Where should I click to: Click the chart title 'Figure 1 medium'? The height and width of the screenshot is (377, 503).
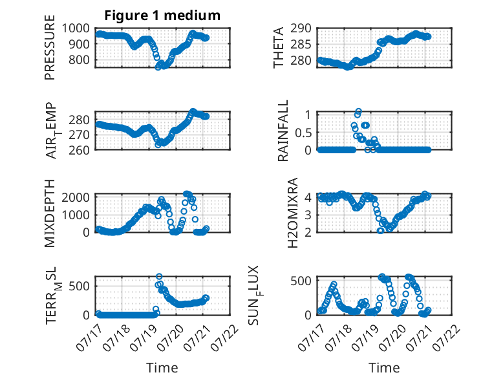[x=162, y=16]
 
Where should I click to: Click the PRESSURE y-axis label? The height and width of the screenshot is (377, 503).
[x=50, y=47]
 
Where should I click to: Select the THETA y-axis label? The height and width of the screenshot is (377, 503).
[x=279, y=47]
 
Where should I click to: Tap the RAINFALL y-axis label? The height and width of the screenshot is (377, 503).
[x=283, y=130]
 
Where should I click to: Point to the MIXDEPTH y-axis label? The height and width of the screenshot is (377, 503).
[x=50, y=213]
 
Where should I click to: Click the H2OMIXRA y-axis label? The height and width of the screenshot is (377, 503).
[x=293, y=213]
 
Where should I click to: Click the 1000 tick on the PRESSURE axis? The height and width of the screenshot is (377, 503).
[x=76, y=28]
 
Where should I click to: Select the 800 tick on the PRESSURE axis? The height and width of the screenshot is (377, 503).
[x=79, y=59]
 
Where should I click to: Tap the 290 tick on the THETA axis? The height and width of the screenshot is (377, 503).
[x=301, y=28]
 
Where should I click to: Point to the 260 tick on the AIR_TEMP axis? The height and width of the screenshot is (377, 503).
[x=79, y=150]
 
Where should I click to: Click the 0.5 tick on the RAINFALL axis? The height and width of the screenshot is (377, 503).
[x=303, y=132]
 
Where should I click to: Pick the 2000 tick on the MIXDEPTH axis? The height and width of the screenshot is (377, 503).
[x=76, y=197]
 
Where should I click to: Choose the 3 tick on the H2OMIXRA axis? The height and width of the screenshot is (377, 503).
[x=308, y=215]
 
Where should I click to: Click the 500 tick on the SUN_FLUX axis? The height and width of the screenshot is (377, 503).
[x=301, y=281]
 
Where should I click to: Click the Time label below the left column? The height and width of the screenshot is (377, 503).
[x=162, y=368]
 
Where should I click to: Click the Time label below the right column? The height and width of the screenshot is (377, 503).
[x=384, y=368]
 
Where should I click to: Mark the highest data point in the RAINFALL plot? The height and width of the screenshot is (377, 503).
[x=359, y=111]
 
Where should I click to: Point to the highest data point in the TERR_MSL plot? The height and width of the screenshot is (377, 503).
[x=159, y=277]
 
